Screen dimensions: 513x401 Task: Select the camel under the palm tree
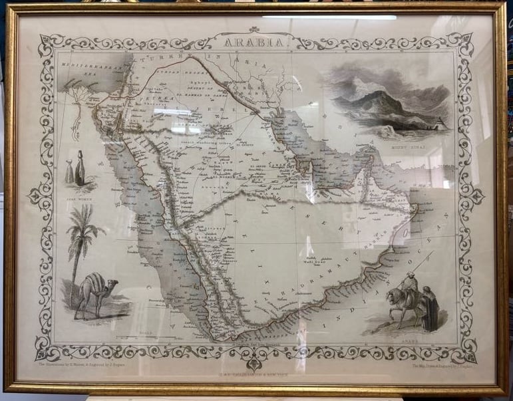tap(94, 292)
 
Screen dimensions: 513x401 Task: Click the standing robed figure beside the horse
tap(430, 309)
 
